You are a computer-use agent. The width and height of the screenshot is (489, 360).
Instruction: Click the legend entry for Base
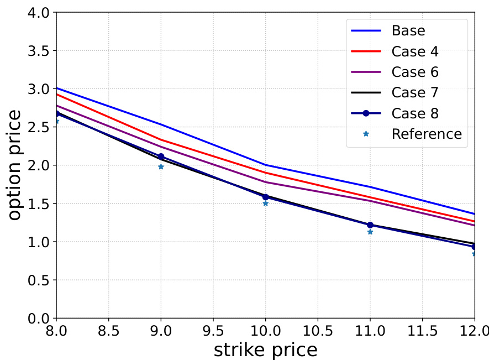pos(408,30)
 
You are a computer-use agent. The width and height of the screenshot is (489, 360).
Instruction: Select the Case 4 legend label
pos(415,51)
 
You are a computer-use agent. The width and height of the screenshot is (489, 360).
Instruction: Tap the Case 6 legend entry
pos(415,72)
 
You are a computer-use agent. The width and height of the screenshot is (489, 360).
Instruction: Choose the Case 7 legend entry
pos(415,92)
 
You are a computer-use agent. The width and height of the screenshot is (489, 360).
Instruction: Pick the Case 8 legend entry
pos(415,113)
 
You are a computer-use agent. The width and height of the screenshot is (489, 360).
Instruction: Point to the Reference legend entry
pos(426,134)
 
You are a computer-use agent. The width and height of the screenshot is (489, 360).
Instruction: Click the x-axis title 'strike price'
pos(265,349)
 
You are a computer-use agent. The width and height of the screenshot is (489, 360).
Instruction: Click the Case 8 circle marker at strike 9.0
pos(161,156)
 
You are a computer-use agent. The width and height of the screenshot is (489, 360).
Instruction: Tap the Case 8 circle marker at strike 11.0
pos(370,225)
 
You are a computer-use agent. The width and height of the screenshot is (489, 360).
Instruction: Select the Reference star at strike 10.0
pos(265,204)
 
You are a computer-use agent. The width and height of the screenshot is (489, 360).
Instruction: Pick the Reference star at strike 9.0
pos(161,166)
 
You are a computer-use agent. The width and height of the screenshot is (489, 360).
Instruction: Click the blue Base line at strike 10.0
pos(265,165)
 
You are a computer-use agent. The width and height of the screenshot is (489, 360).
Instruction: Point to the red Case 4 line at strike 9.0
pos(161,140)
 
